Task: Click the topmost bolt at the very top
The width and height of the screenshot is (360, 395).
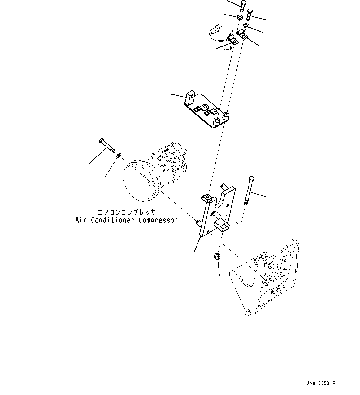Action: click(242, 6)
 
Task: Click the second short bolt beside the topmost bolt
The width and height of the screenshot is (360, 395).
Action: click(249, 14)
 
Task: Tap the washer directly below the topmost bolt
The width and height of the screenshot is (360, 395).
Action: click(240, 17)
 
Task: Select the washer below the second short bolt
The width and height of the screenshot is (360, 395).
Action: click(247, 26)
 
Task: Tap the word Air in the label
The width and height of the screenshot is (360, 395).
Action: click(80, 220)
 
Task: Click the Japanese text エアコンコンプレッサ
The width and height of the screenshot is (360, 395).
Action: click(126, 213)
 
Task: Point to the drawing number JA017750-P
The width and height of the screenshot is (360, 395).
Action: click(320, 384)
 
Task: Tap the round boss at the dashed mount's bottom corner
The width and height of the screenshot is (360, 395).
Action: click(247, 312)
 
